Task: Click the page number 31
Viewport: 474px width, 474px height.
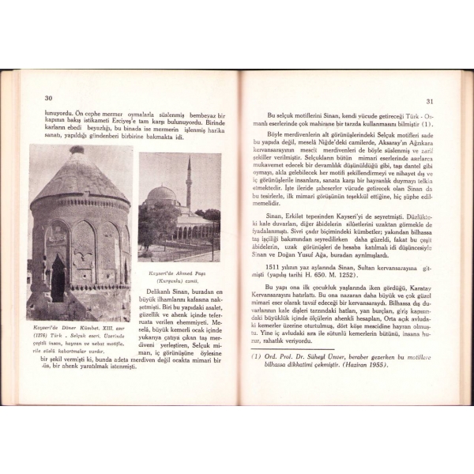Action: pos(430,101)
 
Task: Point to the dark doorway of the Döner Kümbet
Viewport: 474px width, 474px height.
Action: pos(58,278)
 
